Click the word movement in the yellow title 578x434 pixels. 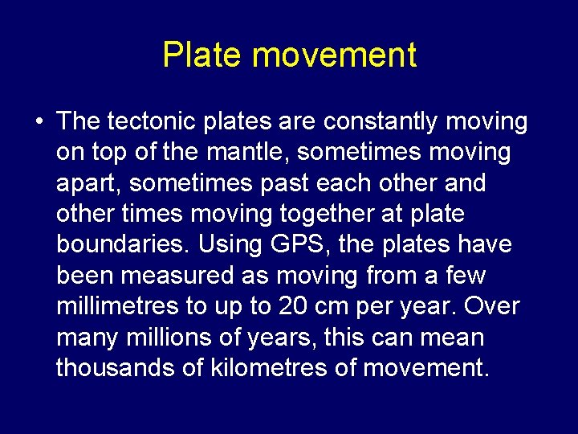pos(334,55)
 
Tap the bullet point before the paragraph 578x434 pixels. pos(39,122)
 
